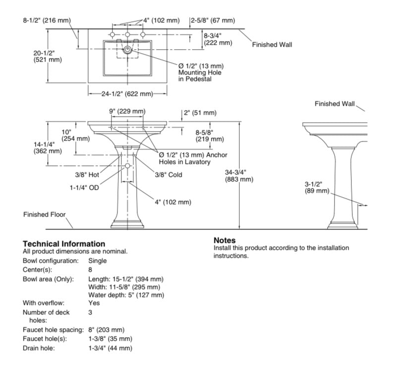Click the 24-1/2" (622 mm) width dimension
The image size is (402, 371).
coord(127,94)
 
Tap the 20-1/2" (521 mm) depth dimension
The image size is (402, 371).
coord(48,56)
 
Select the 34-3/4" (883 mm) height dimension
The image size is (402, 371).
coord(239,176)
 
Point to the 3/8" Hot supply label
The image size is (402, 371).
coord(87,175)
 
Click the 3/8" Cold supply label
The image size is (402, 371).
coord(169,175)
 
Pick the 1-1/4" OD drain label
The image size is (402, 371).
coord(84,188)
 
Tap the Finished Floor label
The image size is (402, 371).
coord(44,215)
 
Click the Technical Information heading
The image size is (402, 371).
coord(64,243)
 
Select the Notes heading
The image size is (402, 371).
coord(225,240)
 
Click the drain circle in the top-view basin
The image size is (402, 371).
coord(127,50)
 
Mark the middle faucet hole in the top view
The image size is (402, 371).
coord(127,34)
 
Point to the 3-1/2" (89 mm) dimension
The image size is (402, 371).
coord(317,188)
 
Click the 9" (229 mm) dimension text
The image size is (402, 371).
coord(127,112)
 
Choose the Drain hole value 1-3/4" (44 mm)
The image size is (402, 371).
coord(110,348)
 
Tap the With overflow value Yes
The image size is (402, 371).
coord(94,303)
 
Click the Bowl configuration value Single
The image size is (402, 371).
coord(98,261)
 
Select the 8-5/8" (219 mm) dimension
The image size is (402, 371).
coord(210,136)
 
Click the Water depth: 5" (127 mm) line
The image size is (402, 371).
coord(126,295)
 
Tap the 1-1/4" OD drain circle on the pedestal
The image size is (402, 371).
coord(127,166)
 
